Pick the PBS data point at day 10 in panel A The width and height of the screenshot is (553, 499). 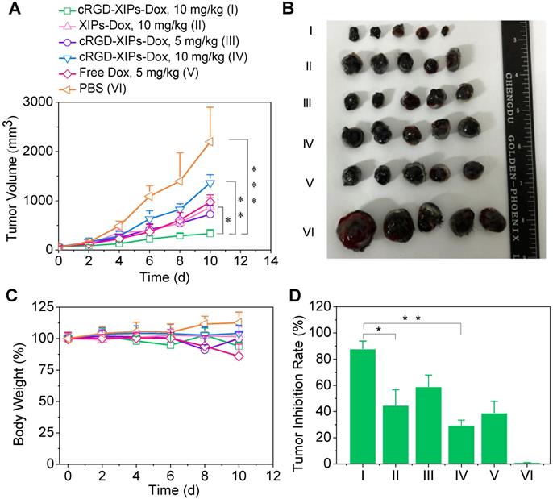tap(209, 141)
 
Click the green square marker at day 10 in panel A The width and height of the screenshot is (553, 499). tap(209, 233)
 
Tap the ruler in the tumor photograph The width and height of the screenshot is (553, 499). tap(523, 137)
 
